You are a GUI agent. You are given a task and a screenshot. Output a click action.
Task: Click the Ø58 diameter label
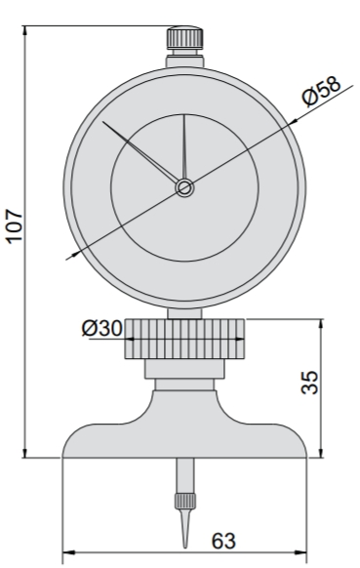(x=321, y=92)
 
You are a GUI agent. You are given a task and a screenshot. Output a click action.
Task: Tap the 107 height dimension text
(x=16, y=224)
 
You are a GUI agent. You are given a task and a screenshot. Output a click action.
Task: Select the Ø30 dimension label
(x=102, y=328)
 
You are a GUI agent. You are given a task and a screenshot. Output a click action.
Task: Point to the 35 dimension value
(x=310, y=382)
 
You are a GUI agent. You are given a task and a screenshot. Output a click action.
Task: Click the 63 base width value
(x=223, y=541)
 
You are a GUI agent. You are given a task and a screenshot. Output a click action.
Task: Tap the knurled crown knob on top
(x=184, y=38)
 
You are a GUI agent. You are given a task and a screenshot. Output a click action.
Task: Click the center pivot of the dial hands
(x=184, y=188)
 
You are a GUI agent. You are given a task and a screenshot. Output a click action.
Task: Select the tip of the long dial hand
(x=102, y=122)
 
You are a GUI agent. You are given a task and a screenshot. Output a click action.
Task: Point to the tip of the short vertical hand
(x=184, y=115)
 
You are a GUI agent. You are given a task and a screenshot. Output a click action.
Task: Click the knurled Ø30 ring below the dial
(x=184, y=339)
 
